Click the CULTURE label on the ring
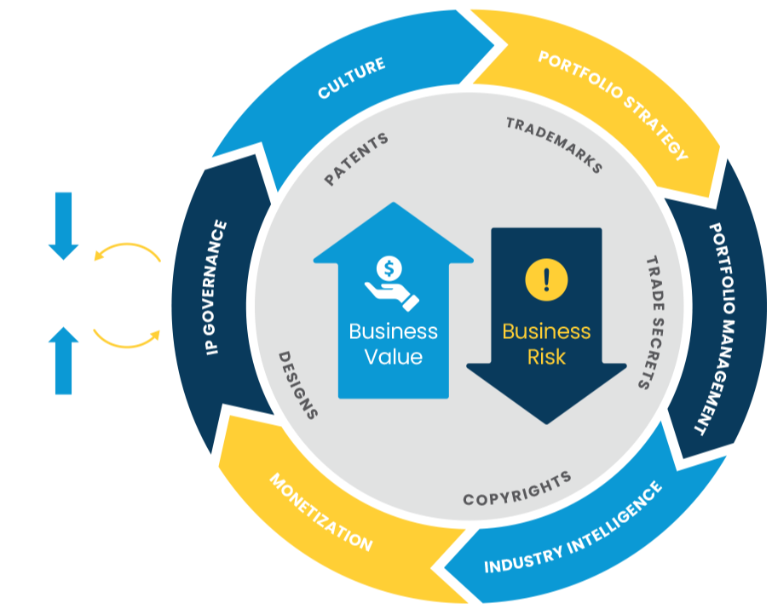[351, 78]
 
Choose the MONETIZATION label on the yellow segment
[321, 513]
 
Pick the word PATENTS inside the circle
[356, 158]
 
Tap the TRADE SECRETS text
[653, 322]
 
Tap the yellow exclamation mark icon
[545, 279]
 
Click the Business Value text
[393, 343]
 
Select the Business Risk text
[546, 343]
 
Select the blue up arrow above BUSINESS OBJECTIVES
[64, 360]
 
